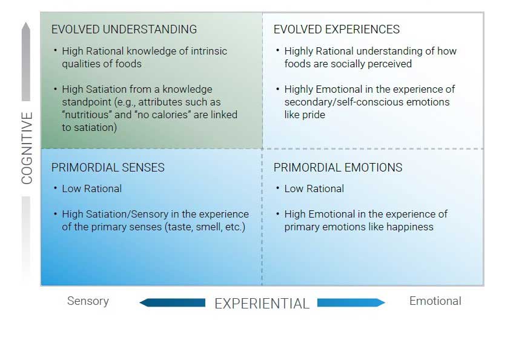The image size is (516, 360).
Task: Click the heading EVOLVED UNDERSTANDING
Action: tap(124, 29)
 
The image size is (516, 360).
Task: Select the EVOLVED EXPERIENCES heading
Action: tap(336, 29)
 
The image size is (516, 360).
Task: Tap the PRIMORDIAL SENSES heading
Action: tap(108, 167)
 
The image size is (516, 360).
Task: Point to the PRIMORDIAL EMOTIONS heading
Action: tap(338, 167)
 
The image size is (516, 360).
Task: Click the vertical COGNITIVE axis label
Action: tap(27, 148)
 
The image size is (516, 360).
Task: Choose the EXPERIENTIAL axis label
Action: tap(262, 304)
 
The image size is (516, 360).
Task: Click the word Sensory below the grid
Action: tap(88, 301)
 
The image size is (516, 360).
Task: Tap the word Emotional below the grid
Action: tap(435, 301)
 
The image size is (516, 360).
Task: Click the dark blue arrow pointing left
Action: tap(173, 302)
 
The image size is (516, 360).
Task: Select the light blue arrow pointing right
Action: tap(351, 302)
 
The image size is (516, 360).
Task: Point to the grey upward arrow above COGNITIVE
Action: tap(26, 61)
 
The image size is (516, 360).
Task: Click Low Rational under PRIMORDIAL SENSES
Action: tap(91, 188)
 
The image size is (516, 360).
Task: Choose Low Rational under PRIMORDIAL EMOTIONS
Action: tap(314, 188)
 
